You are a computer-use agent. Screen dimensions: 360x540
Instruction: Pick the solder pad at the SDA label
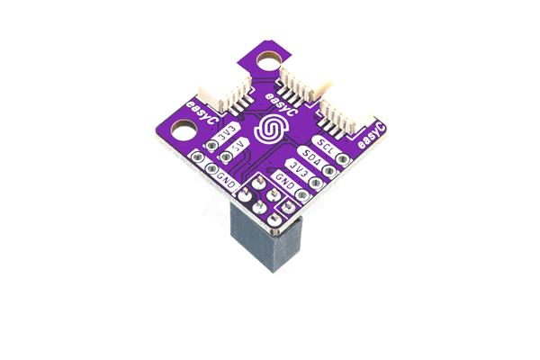tap(330, 168)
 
